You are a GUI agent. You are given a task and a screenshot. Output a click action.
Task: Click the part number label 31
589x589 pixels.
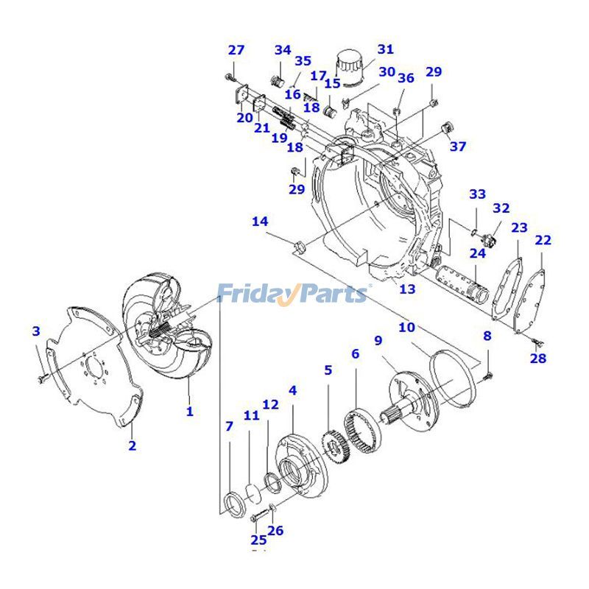[x=386, y=49]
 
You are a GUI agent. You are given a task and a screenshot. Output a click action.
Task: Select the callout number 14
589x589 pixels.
[x=260, y=222]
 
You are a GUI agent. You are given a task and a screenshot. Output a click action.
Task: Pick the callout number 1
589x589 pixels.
[x=189, y=411]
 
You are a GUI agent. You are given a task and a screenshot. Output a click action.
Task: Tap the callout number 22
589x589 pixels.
[x=543, y=240]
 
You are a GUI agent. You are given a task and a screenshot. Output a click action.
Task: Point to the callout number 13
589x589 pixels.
[x=407, y=289]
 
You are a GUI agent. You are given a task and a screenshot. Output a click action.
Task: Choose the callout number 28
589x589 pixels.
[x=538, y=359]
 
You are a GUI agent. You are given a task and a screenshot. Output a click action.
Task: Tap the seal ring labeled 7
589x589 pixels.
[x=233, y=507]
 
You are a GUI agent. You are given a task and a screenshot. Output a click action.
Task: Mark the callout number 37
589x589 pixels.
[x=458, y=147]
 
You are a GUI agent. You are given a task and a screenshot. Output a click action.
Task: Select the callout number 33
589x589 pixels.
[x=478, y=194]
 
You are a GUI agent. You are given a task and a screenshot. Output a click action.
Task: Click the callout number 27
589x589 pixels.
[x=236, y=50]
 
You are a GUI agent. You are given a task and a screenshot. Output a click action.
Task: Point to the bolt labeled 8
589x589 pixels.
[x=488, y=375]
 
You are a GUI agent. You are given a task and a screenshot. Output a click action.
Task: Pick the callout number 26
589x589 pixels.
[x=275, y=530]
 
